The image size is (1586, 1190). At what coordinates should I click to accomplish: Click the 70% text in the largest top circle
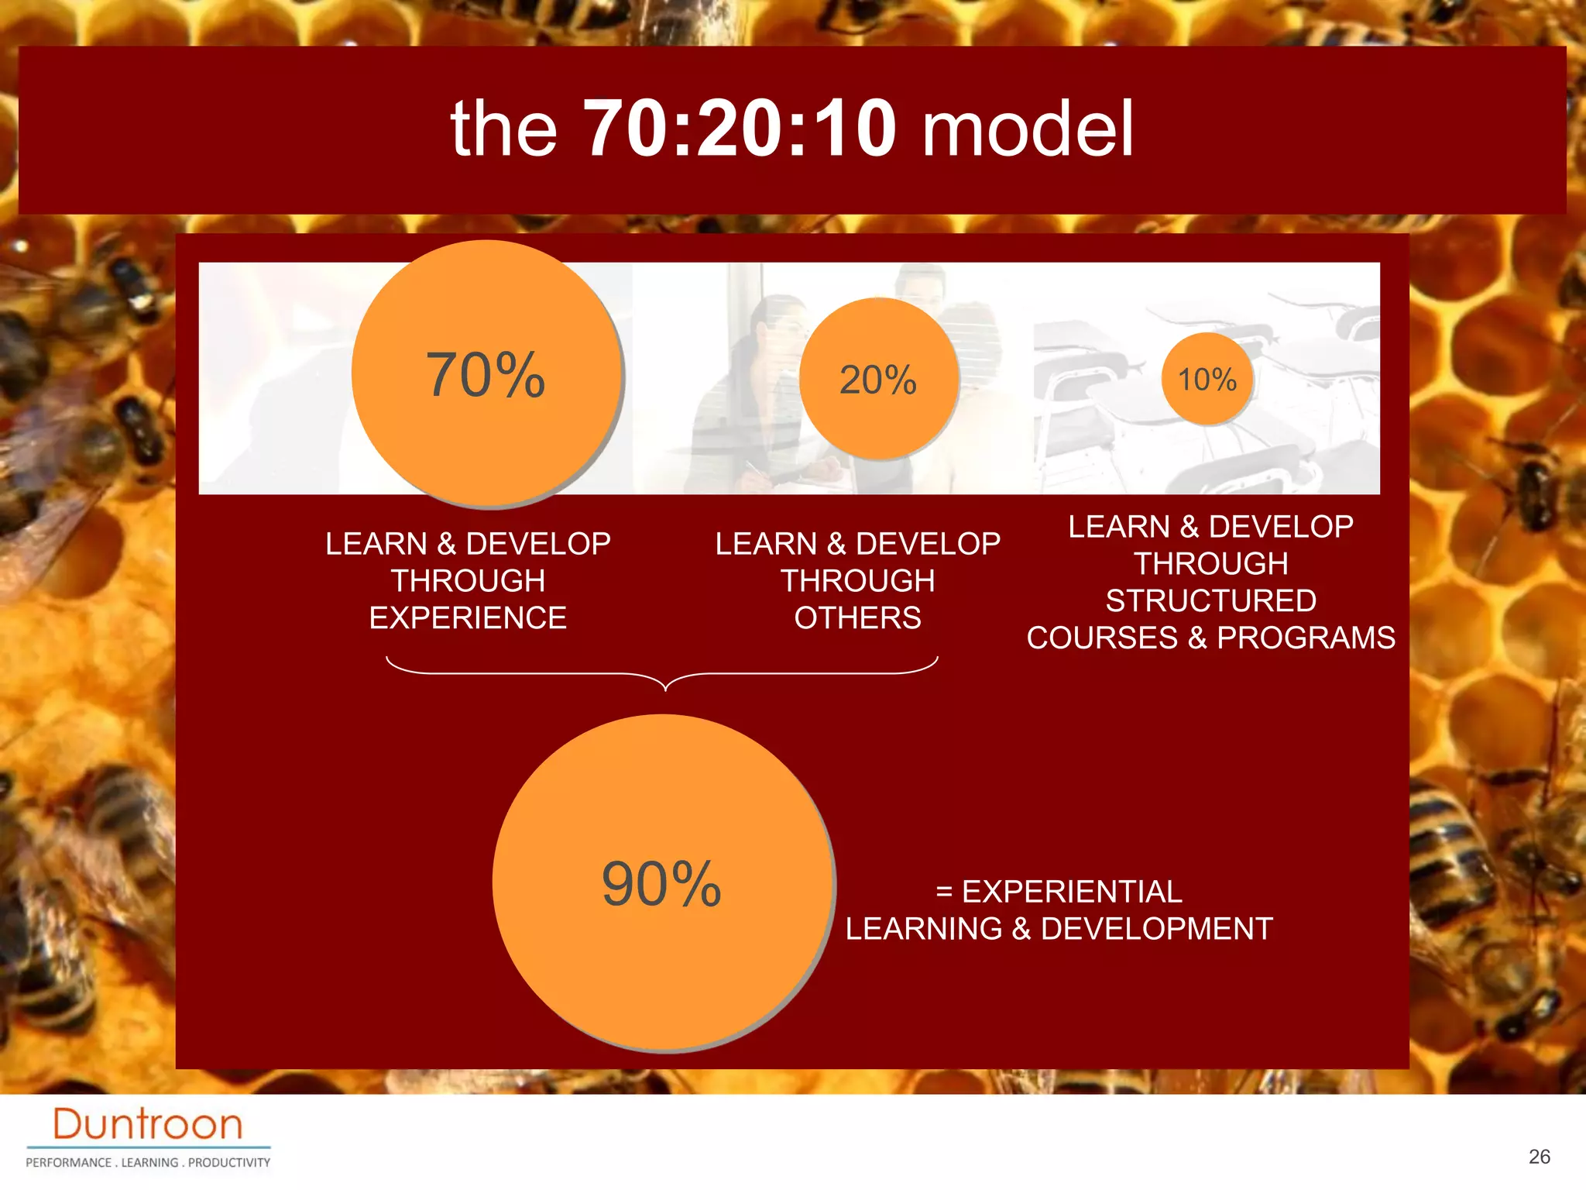486,376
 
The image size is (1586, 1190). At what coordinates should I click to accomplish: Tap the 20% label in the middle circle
878,380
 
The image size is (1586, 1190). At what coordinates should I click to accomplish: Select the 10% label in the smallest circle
1207,380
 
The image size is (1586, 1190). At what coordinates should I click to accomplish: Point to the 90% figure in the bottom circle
661,884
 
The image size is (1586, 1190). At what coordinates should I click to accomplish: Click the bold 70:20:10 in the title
740,128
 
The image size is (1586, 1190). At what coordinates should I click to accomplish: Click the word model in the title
1028,128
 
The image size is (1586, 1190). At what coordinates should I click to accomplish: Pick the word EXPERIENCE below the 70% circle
468,618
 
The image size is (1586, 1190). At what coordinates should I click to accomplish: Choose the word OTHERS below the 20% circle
857,618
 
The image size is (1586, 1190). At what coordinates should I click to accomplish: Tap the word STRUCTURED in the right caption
1210,601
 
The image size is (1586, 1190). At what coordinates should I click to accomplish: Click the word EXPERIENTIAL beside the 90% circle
1072,892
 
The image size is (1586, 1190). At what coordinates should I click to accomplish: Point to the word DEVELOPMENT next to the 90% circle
1156,929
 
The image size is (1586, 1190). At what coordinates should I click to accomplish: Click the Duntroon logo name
148,1124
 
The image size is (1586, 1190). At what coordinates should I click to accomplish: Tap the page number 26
1539,1157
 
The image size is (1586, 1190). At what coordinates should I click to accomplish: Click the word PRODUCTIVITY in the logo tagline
229,1163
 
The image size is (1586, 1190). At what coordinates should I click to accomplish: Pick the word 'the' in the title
503,128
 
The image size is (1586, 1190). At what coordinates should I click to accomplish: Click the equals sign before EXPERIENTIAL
944,892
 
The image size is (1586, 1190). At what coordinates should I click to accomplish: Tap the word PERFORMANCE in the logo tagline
69,1163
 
